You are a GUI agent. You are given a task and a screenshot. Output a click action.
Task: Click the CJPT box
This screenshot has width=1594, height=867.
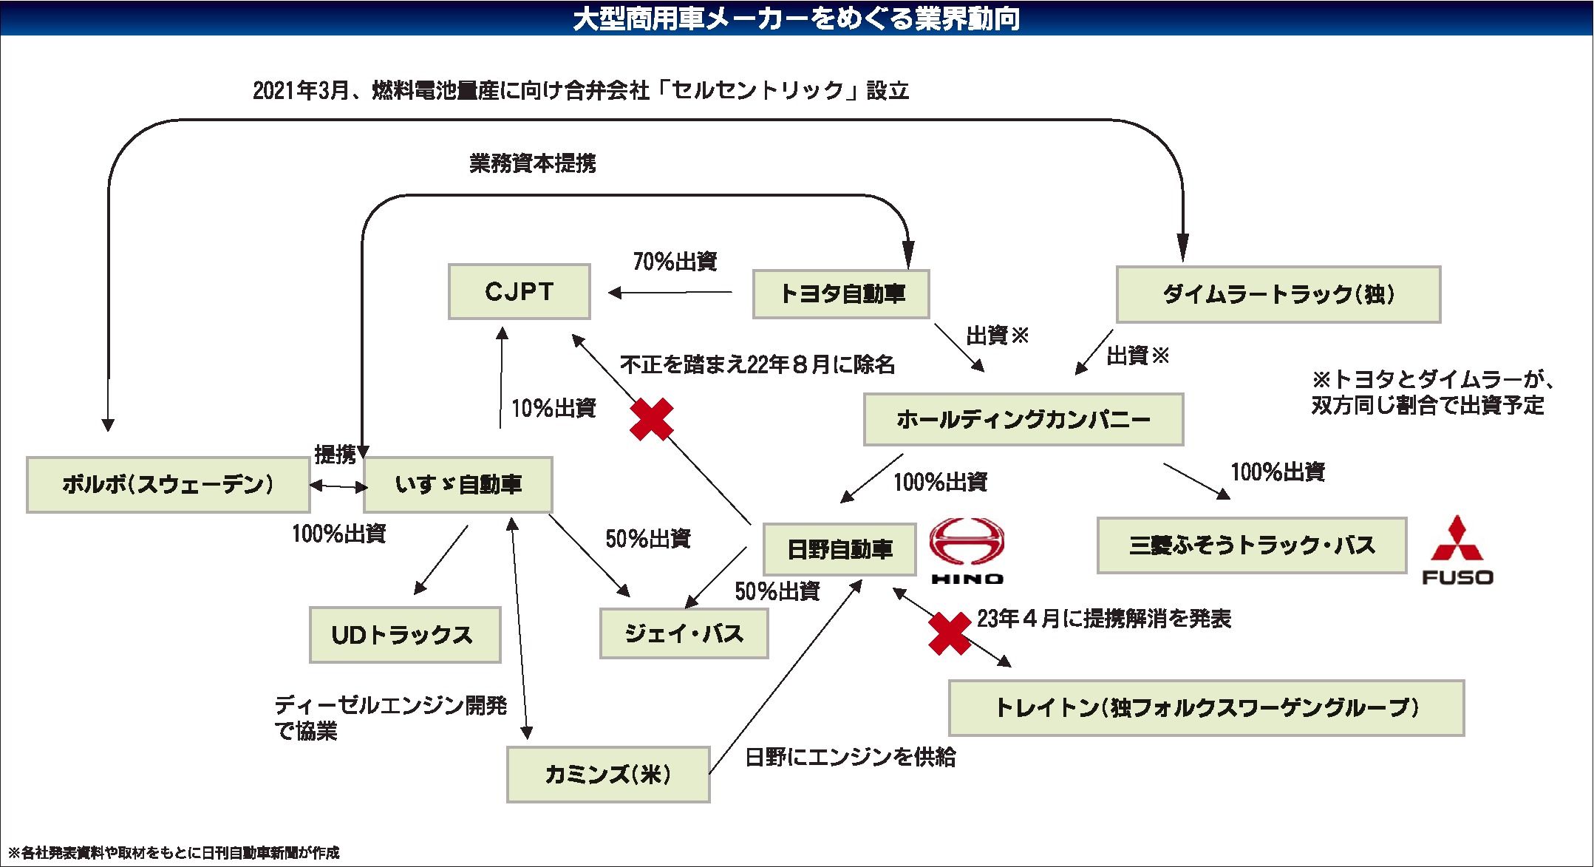tap(519, 291)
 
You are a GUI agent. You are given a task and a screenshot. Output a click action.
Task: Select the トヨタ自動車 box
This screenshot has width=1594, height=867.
tap(840, 294)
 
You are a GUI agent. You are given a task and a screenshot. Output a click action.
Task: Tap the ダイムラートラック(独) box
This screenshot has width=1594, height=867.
tap(1278, 294)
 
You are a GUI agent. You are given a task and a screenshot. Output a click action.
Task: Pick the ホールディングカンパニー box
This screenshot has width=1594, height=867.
tap(1023, 419)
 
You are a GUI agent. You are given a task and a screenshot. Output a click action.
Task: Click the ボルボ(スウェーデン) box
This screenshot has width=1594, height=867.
tap(168, 484)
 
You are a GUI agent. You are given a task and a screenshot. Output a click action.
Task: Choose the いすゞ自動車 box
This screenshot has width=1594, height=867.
tap(457, 484)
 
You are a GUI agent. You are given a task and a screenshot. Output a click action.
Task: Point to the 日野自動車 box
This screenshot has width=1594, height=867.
tap(839, 549)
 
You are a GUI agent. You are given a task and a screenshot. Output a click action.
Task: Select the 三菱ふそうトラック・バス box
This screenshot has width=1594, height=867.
tap(1251, 545)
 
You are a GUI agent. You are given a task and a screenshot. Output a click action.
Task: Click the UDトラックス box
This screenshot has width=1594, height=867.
tap(404, 634)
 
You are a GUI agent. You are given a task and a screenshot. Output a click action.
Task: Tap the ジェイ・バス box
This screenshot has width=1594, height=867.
tap(684, 633)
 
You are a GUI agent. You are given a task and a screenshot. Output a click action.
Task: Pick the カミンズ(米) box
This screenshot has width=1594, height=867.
tap(607, 774)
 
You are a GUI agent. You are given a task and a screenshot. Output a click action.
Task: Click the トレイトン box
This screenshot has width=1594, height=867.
tap(1206, 707)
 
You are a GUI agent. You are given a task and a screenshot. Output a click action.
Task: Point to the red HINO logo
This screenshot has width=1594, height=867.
tap(967, 550)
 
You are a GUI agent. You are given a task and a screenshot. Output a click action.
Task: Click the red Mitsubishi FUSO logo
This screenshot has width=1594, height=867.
tap(1457, 550)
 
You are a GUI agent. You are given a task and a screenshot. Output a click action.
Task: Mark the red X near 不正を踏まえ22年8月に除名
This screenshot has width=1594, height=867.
tap(651, 419)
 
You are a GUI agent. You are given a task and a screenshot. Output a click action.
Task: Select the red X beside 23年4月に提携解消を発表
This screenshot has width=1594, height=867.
tap(950, 633)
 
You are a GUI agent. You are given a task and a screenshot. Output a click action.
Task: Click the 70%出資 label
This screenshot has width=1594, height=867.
tap(675, 261)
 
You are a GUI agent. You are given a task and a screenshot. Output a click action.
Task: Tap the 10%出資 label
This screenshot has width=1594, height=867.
tap(554, 407)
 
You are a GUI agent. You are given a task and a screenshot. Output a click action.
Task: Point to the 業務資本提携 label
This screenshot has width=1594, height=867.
tap(532, 163)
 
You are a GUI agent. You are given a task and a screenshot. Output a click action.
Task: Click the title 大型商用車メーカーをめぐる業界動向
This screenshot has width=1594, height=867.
tap(797, 18)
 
